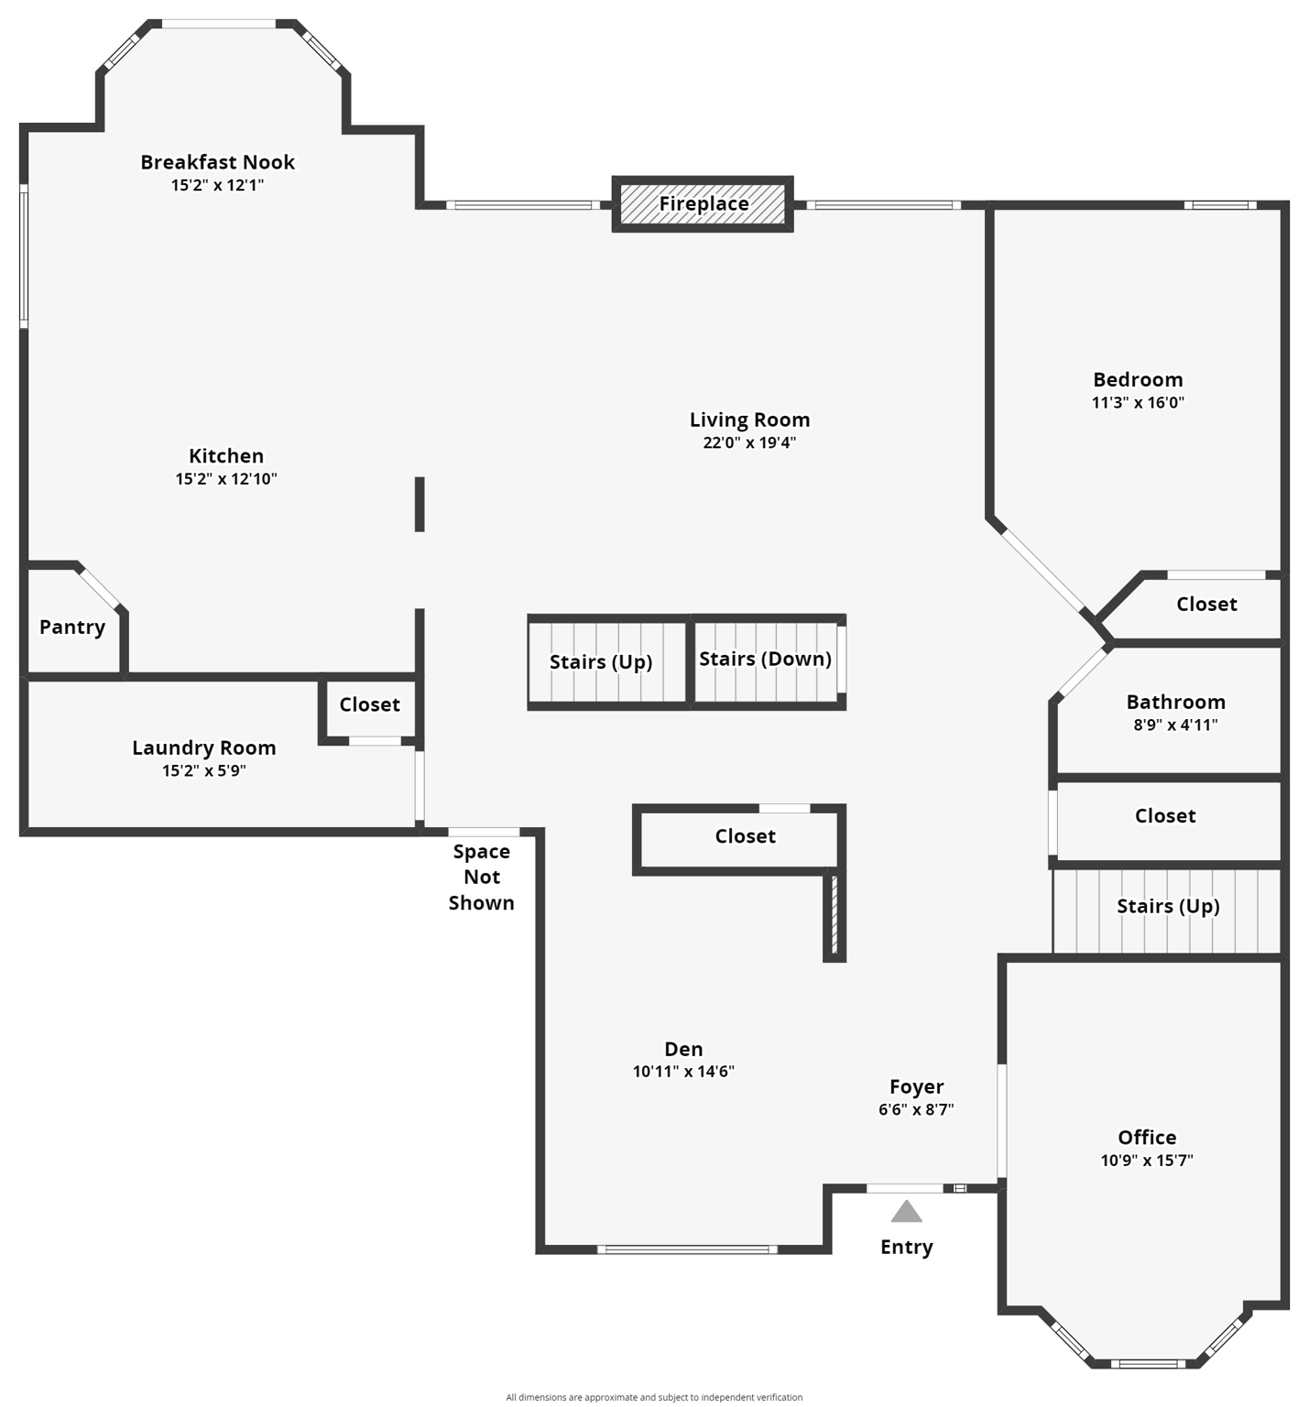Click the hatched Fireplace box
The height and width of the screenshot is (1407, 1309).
pyautogui.click(x=703, y=203)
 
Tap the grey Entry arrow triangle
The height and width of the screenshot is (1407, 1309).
pyautogui.click(x=906, y=1212)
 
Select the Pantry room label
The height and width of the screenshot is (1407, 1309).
pyautogui.click(x=72, y=627)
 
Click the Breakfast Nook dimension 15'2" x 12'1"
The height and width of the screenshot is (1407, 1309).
pyautogui.click(x=217, y=185)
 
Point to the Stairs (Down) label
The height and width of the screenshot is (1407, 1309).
pyautogui.click(x=765, y=659)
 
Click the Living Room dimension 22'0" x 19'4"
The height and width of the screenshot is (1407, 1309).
pyautogui.click(x=749, y=442)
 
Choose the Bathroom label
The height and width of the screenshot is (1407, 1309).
pyautogui.click(x=1175, y=703)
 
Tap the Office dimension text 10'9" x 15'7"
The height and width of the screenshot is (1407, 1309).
pyautogui.click(x=1146, y=1161)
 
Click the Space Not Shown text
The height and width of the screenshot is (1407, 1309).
pyautogui.click(x=481, y=877)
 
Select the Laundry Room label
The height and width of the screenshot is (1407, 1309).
pyautogui.click(x=203, y=747)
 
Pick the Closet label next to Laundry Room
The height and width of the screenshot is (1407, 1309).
pyautogui.click(x=369, y=704)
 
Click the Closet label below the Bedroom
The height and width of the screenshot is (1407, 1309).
pyautogui.click(x=1206, y=604)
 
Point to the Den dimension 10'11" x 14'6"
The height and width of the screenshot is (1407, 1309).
pyautogui.click(x=683, y=1072)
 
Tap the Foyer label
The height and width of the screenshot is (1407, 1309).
pyautogui.click(x=916, y=1086)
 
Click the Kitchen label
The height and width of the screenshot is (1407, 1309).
pyautogui.click(x=226, y=456)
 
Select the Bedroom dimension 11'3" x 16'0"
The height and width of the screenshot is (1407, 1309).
pyautogui.click(x=1138, y=402)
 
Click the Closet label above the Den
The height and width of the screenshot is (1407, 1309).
pyautogui.click(x=745, y=836)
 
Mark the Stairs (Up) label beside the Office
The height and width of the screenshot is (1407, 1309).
pyautogui.click(x=1168, y=906)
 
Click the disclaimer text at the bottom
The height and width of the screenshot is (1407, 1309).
pyautogui.click(x=654, y=1397)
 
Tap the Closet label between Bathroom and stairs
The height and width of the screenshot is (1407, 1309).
pyautogui.click(x=1165, y=816)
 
